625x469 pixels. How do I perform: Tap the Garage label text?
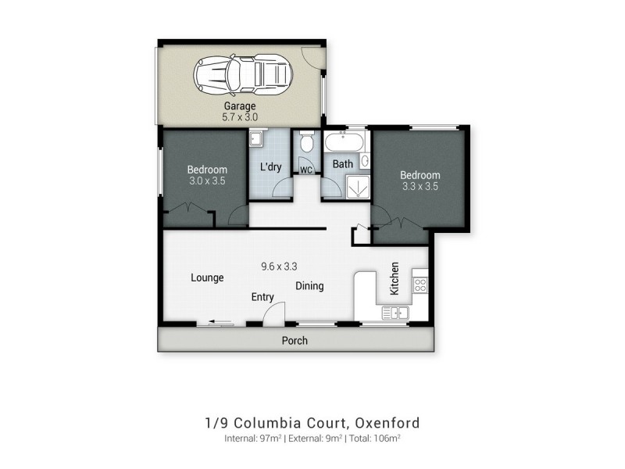[x=240, y=106]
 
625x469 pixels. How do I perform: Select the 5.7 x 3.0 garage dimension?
[x=240, y=117]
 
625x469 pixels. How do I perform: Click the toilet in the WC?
[x=306, y=144]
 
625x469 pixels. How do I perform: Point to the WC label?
[x=306, y=169]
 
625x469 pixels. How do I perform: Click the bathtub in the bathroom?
[x=343, y=143]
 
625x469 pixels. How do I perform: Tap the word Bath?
[x=343, y=164]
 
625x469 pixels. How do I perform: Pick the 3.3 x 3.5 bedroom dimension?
[x=420, y=188]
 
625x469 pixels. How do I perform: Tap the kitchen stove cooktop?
[x=420, y=286]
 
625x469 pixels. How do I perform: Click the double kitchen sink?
[x=395, y=313]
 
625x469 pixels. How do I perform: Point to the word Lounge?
[x=207, y=277]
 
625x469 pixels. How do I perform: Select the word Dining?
[x=309, y=286]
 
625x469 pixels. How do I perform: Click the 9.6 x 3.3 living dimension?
[x=279, y=266]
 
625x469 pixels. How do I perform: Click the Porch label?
[x=295, y=341]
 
